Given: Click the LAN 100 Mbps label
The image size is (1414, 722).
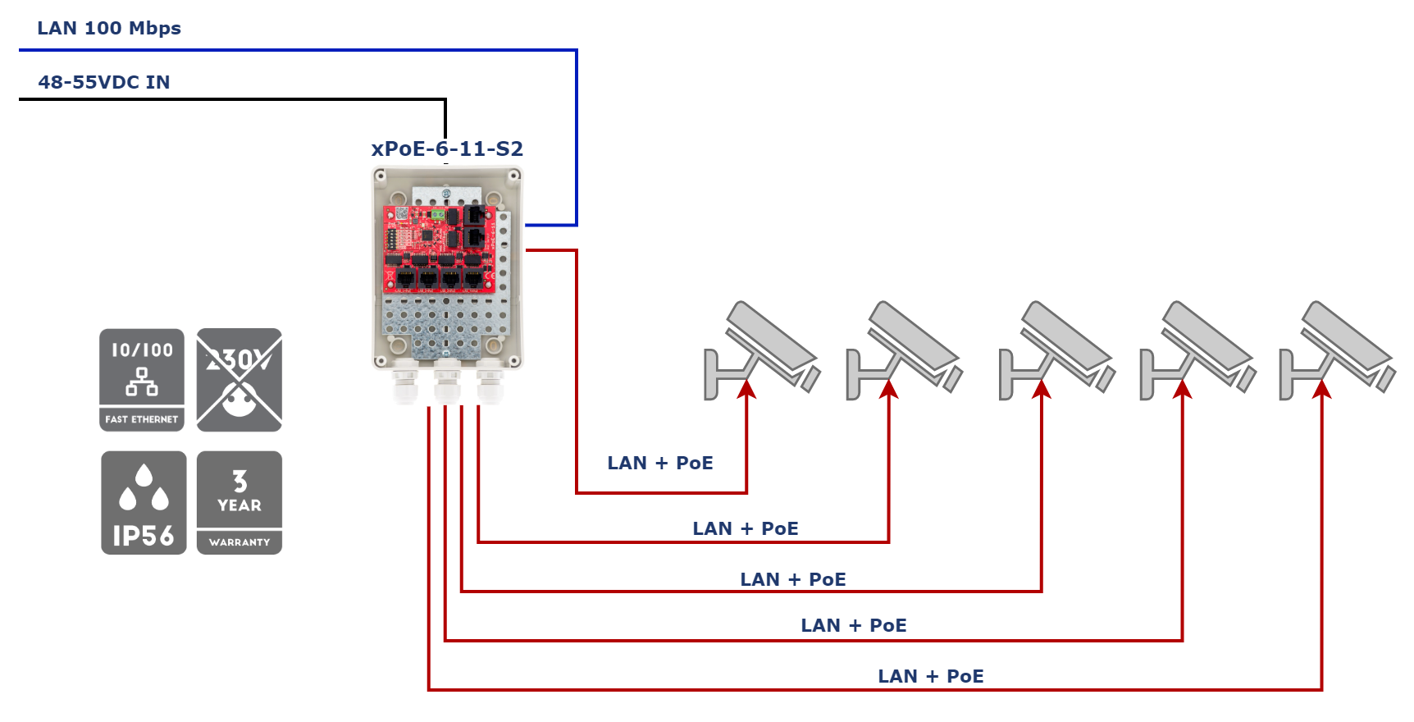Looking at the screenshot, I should point(109,28).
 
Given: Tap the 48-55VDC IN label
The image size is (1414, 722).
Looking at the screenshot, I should point(104,82).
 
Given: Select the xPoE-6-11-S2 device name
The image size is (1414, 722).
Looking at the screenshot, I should point(448,149).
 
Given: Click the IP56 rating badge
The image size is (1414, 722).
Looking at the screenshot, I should point(144,502).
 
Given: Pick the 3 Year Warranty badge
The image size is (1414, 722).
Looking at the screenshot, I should point(239,502).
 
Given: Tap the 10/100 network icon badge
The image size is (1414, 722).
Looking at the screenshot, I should point(142,380).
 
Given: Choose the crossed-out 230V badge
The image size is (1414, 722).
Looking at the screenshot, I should point(239,380).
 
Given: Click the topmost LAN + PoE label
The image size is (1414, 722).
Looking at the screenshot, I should point(660,463).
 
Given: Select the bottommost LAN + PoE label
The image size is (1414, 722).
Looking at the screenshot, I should point(931,676).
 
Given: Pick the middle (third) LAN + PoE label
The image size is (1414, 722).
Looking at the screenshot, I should point(793,579).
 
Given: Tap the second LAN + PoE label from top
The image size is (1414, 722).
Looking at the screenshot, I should point(746,528).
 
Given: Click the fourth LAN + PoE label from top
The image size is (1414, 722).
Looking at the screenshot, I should point(854,625).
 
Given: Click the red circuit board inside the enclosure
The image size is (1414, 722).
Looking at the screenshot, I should point(440,249).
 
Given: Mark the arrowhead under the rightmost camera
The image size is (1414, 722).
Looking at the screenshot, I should point(1322,389).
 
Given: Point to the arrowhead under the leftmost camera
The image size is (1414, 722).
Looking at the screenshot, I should point(746,389).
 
